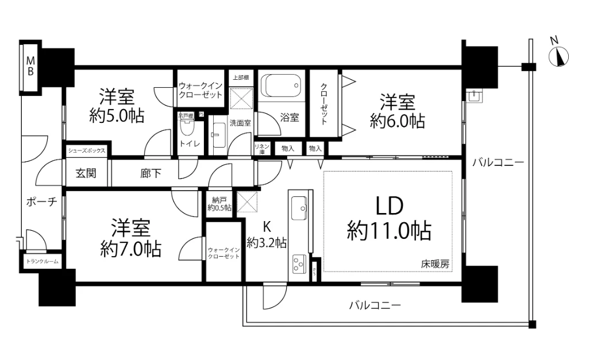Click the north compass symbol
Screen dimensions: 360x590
(x=558, y=56)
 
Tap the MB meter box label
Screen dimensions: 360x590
(x=30, y=67)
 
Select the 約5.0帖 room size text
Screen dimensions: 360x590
(x=117, y=115)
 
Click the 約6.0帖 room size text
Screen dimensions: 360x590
(x=398, y=121)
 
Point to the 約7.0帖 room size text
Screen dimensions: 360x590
(x=130, y=249)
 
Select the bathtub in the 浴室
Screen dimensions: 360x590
(x=281, y=87)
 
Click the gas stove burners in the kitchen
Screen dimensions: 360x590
(x=299, y=264)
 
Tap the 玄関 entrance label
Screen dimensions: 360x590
(x=86, y=173)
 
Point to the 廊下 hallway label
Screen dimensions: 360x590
(x=151, y=173)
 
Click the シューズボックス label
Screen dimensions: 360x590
(x=86, y=151)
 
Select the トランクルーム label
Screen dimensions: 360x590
(x=42, y=261)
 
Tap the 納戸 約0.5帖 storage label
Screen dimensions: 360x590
(x=220, y=204)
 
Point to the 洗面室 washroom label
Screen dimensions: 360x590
(x=240, y=122)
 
